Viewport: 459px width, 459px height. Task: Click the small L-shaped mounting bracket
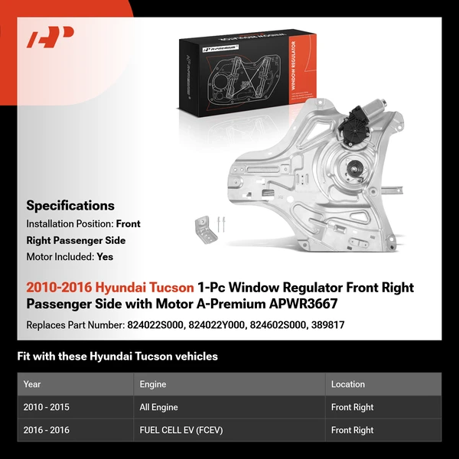(203, 227)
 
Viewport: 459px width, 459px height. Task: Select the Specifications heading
(70, 205)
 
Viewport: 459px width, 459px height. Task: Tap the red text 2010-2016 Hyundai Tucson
(110, 288)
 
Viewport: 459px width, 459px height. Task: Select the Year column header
(32, 384)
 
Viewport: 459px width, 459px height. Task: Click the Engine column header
(152, 384)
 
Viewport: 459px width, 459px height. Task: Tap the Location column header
(348, 384)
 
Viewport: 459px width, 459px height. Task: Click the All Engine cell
(160, 407)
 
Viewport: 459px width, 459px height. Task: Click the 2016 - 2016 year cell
(47, 430)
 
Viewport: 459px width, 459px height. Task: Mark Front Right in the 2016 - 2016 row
(353, 430)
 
